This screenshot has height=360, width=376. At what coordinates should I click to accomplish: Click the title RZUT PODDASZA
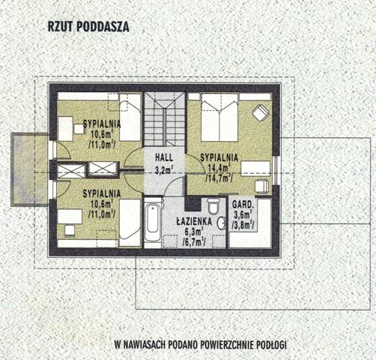88,27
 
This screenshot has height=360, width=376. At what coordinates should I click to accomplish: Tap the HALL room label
164,157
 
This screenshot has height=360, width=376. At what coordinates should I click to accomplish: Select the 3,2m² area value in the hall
165,170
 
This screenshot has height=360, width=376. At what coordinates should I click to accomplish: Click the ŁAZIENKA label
194,221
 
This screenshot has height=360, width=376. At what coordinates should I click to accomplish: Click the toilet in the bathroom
213,206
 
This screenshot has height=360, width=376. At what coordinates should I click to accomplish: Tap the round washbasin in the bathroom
221,223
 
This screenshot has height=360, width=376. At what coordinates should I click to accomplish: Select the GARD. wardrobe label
243,205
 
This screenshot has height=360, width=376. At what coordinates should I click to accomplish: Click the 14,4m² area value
219,168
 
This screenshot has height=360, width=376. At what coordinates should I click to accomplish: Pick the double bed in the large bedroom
219,117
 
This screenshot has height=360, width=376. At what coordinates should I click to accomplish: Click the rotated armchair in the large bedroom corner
261,112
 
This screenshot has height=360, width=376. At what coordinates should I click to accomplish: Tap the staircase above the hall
165,119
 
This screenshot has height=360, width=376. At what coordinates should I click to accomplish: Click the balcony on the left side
29,169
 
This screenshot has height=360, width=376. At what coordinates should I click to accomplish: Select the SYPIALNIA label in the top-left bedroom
102,124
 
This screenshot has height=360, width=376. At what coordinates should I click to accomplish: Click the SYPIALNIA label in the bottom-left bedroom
102,193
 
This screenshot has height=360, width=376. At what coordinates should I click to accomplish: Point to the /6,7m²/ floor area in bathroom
194,241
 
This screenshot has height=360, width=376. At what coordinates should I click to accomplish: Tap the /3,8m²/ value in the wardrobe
243,226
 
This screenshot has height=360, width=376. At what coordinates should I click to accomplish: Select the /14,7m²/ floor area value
219,178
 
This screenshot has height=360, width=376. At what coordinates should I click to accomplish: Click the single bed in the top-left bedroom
130,117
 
